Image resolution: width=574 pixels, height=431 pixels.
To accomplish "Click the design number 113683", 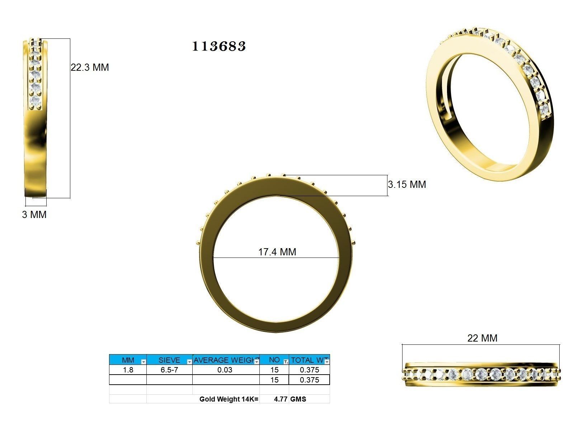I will (x=219, y=46).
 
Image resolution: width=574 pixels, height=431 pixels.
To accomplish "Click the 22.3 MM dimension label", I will (x=90, y=68).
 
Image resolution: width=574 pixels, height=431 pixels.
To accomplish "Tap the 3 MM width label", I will (x=34, y=215).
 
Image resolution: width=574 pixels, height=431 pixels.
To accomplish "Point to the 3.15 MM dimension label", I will (x=407, y=185).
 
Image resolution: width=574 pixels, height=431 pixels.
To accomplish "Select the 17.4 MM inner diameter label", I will (x=277, y=252).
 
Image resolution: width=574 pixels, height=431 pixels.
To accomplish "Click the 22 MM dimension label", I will (x=482, y=338).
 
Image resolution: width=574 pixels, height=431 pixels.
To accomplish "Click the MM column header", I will (x=128, y=360).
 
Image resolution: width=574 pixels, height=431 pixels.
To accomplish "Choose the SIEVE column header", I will (x=169, y=360).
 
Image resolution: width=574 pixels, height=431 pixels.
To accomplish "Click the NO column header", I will (x=274, y=360).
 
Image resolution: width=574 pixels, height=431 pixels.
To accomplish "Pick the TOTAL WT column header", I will (x=308, y=360).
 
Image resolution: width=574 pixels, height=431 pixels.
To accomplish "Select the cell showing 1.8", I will (x=128, y=370).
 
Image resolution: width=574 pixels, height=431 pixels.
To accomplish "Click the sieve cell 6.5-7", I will (x=169, y=370).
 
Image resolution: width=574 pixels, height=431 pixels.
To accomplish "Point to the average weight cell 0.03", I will (x=225, y=370).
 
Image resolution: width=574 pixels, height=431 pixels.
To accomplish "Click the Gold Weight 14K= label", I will (x=229, y=399).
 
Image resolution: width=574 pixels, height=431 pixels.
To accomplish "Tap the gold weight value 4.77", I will (x=281, y=399).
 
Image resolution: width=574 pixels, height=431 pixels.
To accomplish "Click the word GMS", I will (x=298, y=399).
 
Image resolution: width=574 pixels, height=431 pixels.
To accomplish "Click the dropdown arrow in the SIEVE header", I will (x=189, y=362).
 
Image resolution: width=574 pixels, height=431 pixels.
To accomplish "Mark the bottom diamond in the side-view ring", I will (x=35, y=100).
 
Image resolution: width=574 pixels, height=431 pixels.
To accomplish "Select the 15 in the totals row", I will (x=274, y=380).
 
